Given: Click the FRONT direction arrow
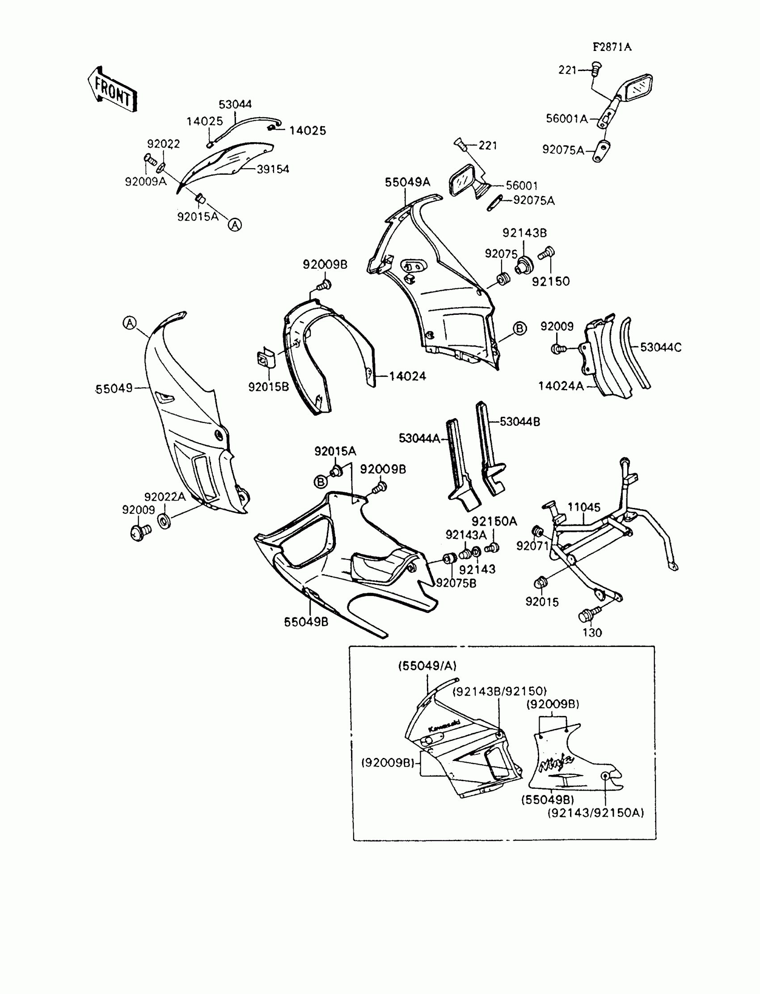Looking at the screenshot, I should coord(112,90).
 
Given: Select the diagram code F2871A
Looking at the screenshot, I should coord(612,47).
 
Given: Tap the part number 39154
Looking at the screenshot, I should coord(273,169).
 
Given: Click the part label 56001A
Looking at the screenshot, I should coord(566,118).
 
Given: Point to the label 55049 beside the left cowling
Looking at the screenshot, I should coord(114,389).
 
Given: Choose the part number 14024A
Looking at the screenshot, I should coord(561,386).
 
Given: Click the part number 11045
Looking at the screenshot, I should coord(584,507).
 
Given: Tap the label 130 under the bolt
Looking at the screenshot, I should coord(592,633).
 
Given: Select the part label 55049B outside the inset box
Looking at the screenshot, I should coord(306,622).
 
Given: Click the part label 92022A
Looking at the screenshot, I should coord(165,497).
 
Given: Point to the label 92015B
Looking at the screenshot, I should coord(268,387).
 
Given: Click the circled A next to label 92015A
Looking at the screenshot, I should coord(235,225).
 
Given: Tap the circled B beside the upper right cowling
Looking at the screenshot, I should coord(520,329).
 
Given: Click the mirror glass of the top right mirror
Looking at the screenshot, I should coord(639,88).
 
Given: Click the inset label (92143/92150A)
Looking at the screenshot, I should coord(595,813).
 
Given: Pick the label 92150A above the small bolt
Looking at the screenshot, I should coord(494,521).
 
